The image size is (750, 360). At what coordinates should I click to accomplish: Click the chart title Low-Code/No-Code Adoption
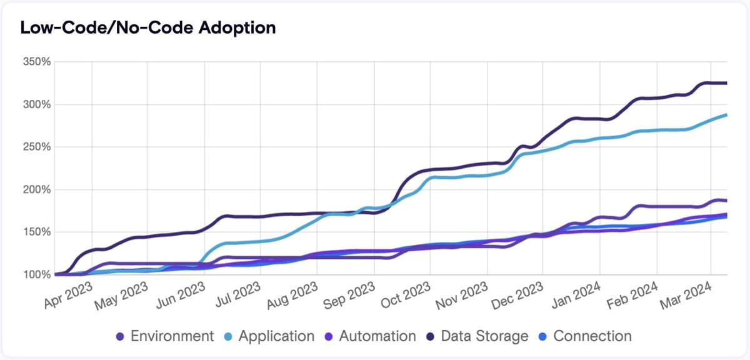[x=148, y=28]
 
